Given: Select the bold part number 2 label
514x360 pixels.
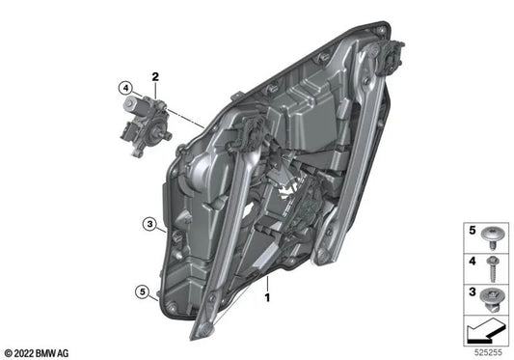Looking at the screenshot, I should pos(153,75).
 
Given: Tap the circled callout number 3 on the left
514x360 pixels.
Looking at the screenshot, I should pos(148,225).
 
